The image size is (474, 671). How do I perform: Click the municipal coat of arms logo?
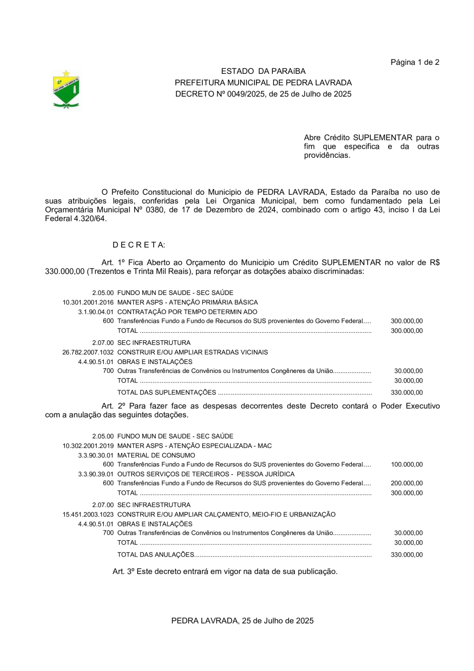66,89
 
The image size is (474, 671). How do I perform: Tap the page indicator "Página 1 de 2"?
414,62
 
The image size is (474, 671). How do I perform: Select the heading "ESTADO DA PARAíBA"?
263,71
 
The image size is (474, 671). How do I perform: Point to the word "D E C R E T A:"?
139,245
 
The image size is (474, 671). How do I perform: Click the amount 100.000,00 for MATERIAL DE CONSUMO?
407,465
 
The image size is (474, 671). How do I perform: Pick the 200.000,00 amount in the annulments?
407,483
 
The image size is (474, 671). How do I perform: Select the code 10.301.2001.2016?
88,302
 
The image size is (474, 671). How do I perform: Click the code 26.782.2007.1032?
88,352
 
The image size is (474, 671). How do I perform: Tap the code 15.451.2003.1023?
88,514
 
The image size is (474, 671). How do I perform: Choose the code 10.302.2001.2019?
88,446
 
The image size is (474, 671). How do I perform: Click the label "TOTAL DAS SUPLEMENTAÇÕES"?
166,392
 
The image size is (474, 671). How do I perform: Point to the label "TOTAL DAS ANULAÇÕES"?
156,554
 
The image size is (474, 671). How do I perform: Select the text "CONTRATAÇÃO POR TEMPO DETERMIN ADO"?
187,312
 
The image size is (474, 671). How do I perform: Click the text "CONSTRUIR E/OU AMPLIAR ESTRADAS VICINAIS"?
192,352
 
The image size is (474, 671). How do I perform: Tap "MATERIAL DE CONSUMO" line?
156,455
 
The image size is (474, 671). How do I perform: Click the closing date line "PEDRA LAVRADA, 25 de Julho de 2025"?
242,621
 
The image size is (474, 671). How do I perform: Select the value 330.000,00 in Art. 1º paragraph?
65,271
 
